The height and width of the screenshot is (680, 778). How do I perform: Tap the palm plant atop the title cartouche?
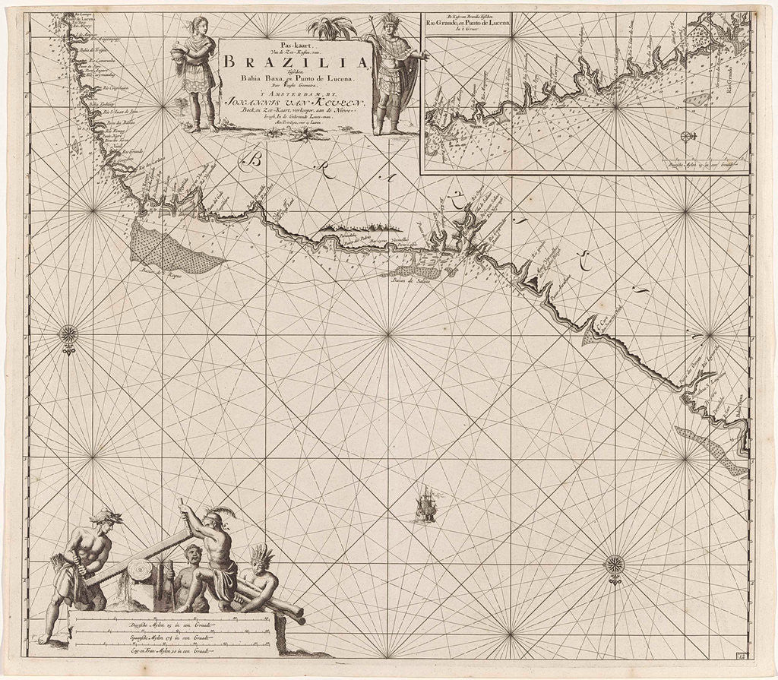(x=334, y=29)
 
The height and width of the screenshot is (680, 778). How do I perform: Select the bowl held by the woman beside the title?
(x=179, y=55)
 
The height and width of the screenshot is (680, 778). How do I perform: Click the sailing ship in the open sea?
(x=427, y=505)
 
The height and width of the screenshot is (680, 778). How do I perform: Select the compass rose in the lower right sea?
(x=614, y=565)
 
